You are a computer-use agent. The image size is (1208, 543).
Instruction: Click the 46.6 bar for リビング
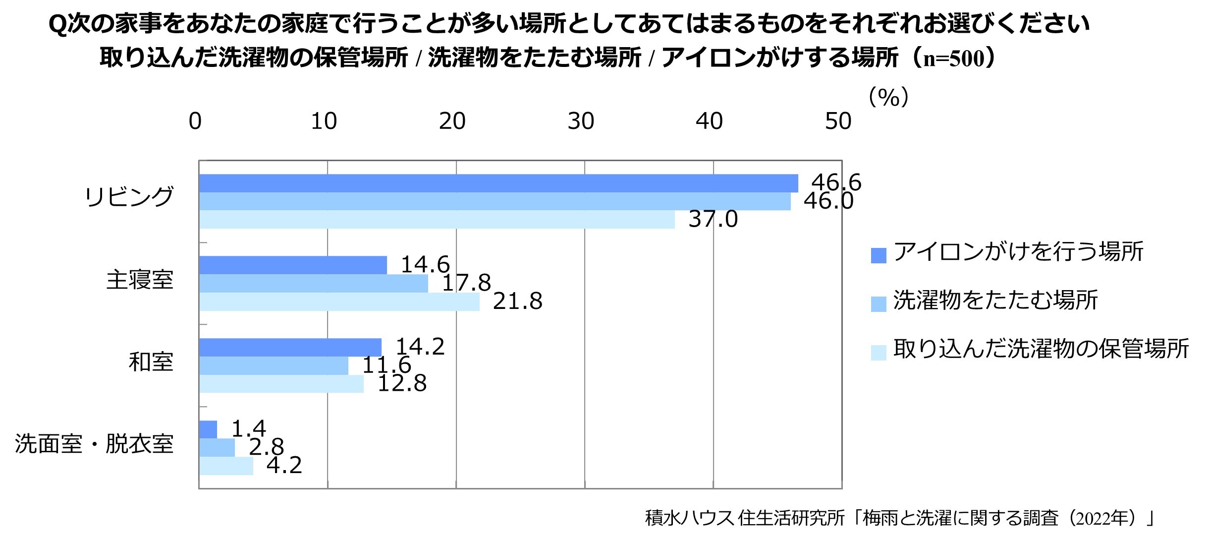click(x=498, y=183)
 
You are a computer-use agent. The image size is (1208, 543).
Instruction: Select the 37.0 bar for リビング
click(x=437, y=219)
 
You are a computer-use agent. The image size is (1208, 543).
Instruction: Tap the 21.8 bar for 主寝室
click(x=339, y=302)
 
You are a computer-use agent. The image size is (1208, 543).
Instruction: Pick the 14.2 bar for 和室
click(x=290, y=347)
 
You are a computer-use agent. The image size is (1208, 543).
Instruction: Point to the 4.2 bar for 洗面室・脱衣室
click(x=226, y=466)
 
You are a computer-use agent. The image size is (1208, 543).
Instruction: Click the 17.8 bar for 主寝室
click(x=313, y=283)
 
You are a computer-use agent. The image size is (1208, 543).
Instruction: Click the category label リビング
click(x=129, y=197)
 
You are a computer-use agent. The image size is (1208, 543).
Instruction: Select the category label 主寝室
click(x=140, y=280)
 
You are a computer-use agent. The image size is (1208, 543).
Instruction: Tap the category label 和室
click(x=151, y=362)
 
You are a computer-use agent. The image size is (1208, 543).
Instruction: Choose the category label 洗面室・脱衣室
click(x=94, y=444)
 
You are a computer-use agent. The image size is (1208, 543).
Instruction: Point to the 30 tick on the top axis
click(x=581, y=121)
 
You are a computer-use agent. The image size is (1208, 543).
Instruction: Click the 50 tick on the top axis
click(x=838, y=121)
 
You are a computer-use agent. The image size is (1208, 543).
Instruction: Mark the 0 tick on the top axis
click(x=195, y=121)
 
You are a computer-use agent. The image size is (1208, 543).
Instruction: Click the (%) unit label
click(x=888, y=98)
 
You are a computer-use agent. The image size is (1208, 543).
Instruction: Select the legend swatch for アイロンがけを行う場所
click(x=878, y=255)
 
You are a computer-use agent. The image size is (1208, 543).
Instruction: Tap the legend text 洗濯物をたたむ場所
click(x=995, y=301)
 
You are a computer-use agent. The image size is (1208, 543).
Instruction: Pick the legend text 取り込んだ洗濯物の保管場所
click(x=1041, y=349)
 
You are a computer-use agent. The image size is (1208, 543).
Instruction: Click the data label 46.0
click(x=828, y=201)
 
